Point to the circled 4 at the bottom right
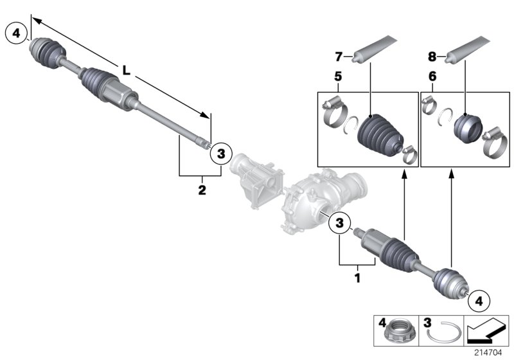[x=479, y=299]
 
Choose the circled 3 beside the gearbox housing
[x=340, y=224]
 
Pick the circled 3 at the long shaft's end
[x=220, y=153]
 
